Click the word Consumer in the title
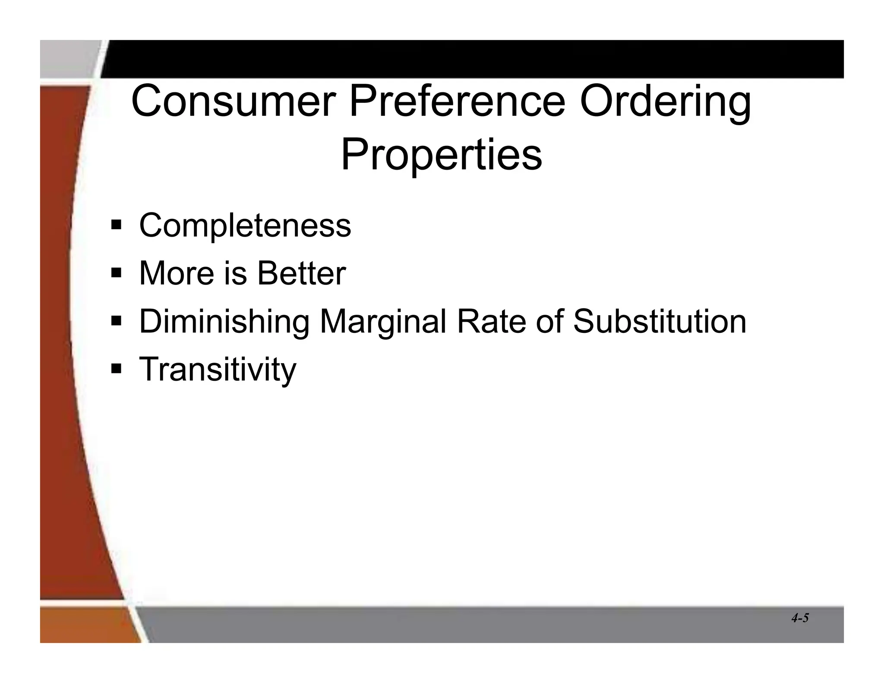coord(234,102)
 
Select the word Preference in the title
coord(457,102)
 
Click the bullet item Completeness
coord(245,225)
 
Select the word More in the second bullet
coord(177,273)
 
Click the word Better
coord(301,273)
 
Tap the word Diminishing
coord(224,322)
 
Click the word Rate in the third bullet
coord(491,321)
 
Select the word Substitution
coord(659,321)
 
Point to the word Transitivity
coord(218,370)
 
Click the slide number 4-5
coord(800,618)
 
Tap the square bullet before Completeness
coord(116,225)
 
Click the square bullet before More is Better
coord(116,273)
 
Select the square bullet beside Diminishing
coord(116,321)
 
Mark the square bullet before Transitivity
coord(116,369)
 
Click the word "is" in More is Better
coord(235,273)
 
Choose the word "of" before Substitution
coord(549,321)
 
